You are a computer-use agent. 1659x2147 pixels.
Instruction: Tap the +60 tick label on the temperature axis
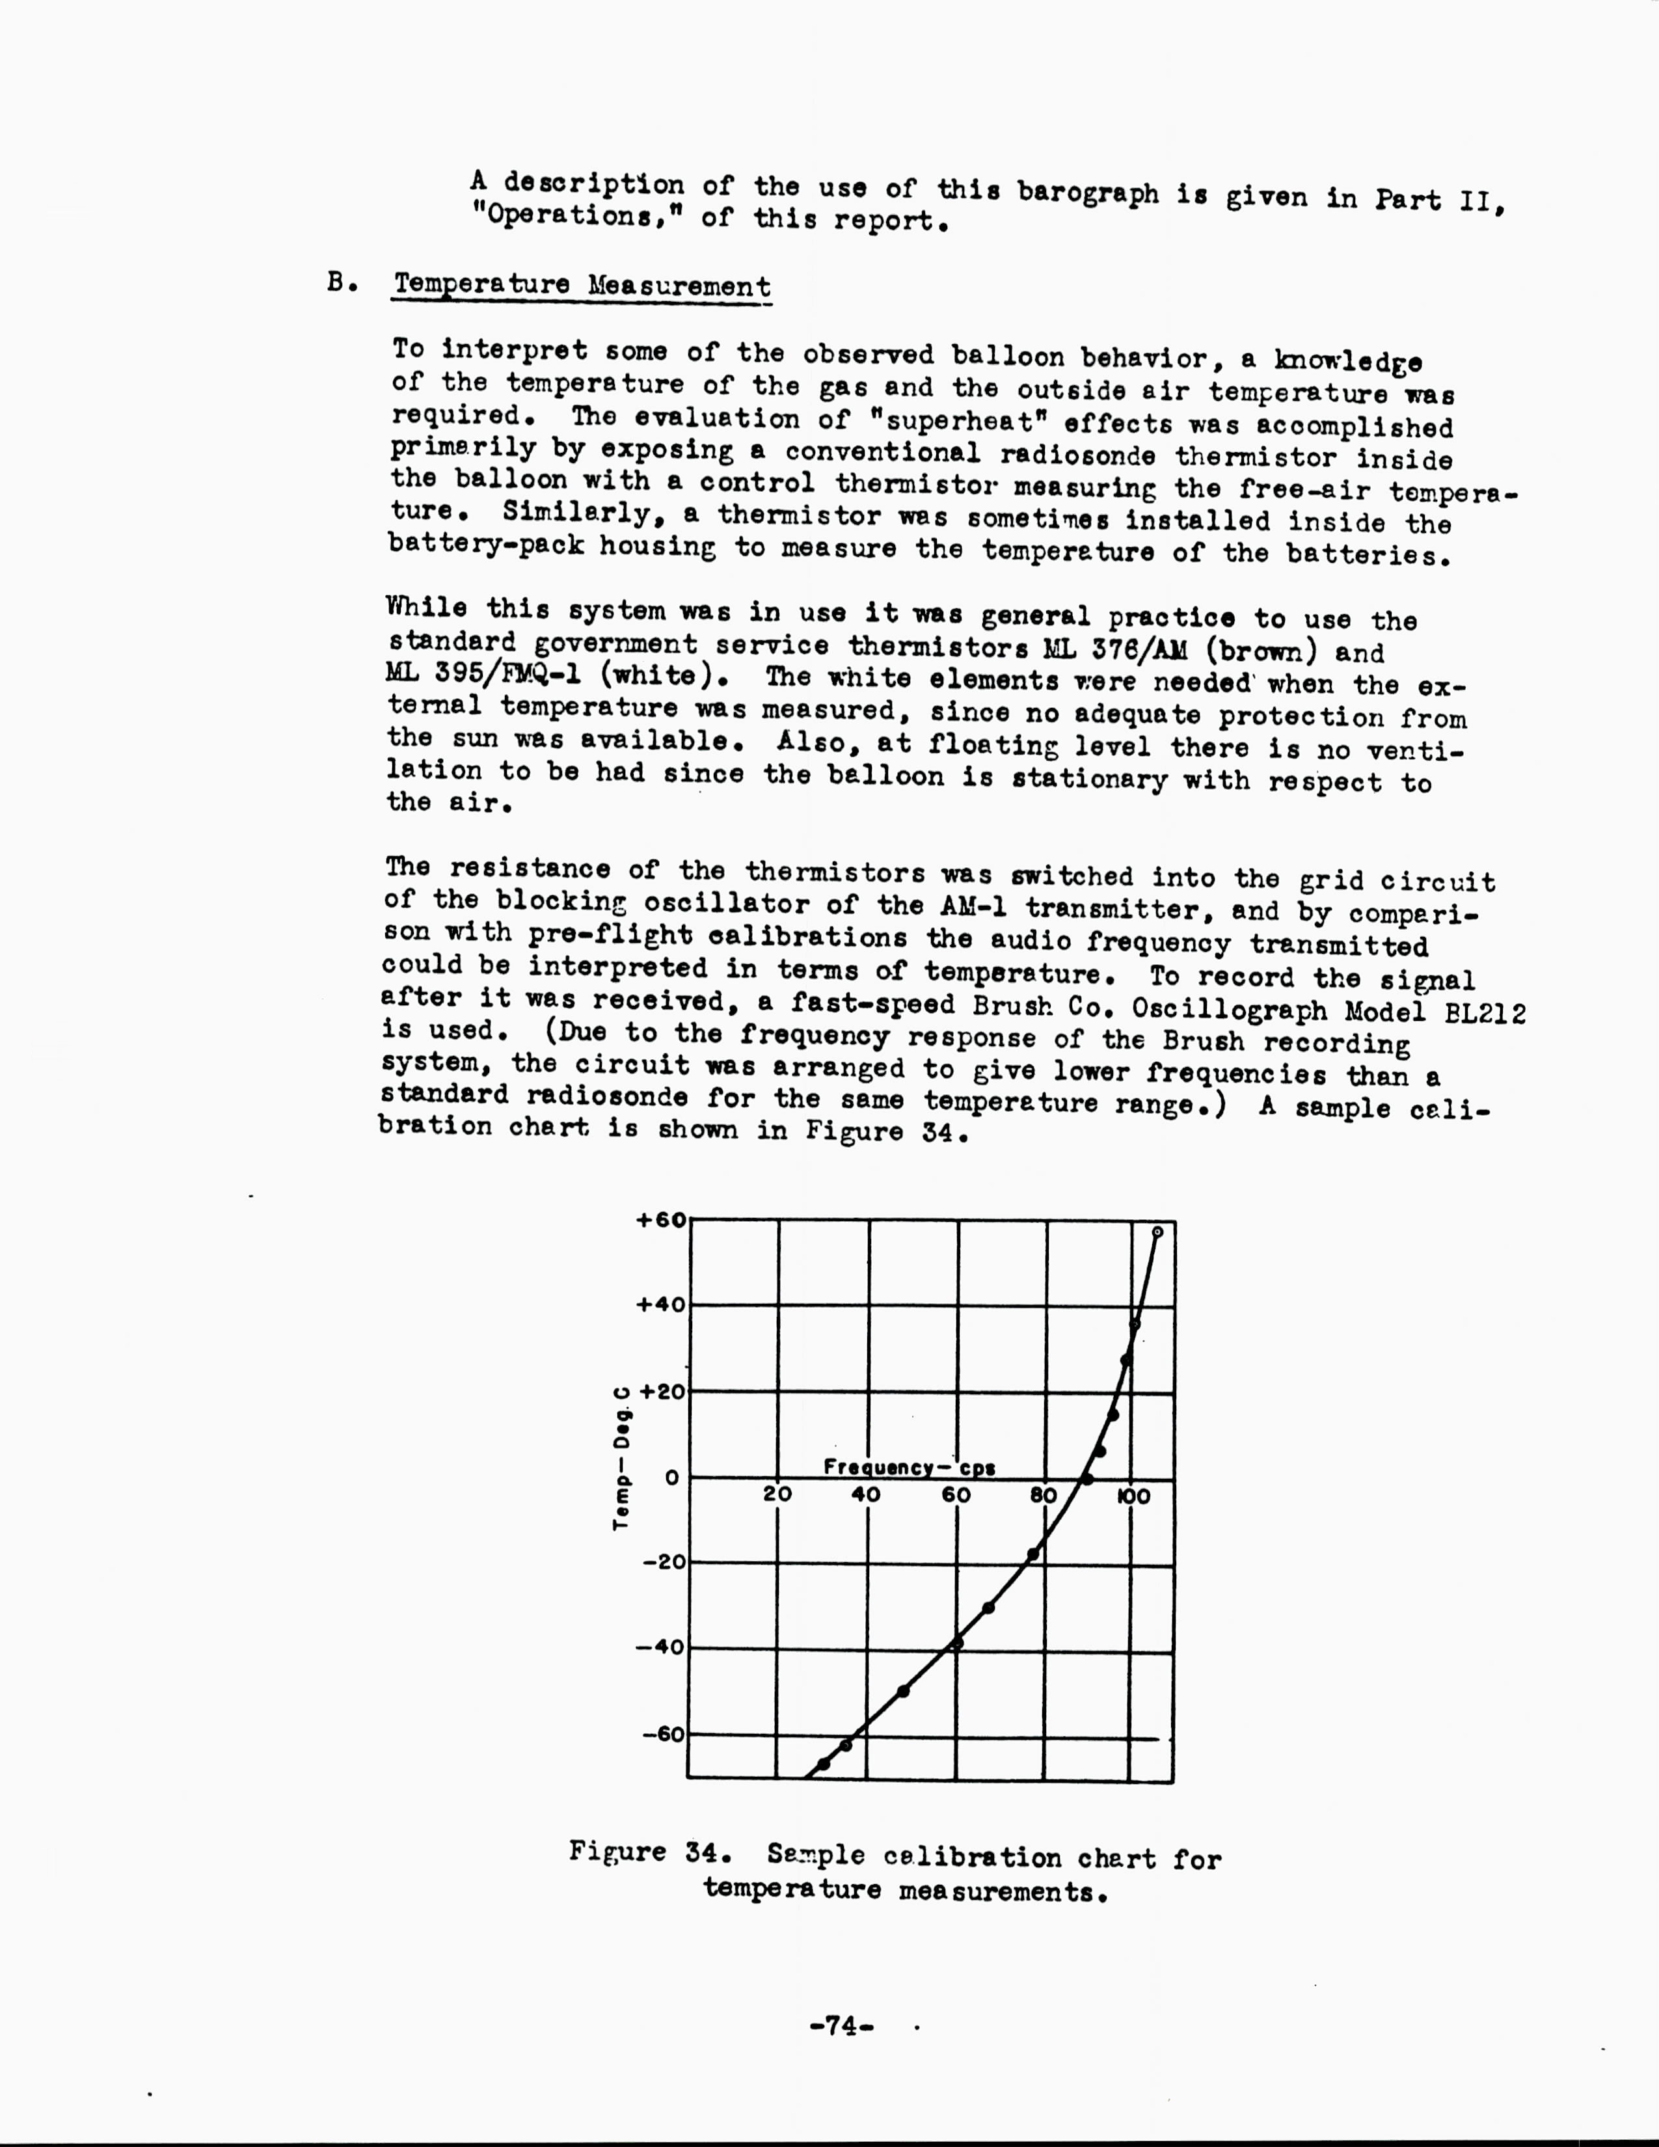pyautogui.click(x=662, y=1220)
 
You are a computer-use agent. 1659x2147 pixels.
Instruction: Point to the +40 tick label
pyautogui.click(x=662, y=1304)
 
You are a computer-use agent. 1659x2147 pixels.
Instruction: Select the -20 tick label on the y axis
pyautogui.click(x=664, y=1562)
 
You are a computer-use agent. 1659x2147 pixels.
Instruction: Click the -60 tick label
pyautogui.click(x=664, y=1733)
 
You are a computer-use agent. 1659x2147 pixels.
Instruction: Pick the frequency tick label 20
pyautogui.click(x=777, y=1495)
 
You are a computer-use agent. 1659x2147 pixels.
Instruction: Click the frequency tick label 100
pyautogui.click(x=1133, y=1496)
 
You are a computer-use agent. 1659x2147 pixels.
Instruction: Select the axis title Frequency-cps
pyautogui.click(x=909, y=1468)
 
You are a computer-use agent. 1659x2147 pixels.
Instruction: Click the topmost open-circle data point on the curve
pyautogui.click(x=1157, y=1232)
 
